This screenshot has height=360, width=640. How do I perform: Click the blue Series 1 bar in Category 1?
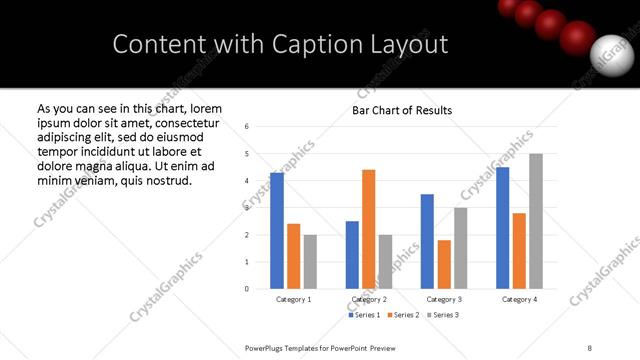tap(277, 230)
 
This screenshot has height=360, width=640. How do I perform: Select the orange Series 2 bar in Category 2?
tap(368, 229)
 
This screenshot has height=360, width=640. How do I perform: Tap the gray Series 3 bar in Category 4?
tap(536, 221)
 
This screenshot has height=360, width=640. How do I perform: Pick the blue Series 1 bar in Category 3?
tap(427, 241)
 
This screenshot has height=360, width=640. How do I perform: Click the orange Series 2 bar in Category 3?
tap(444, 264)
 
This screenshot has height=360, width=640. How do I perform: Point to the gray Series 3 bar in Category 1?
tap(310, 261)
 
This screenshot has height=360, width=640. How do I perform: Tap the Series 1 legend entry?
tap(364, 316)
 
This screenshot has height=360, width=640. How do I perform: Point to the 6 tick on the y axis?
tap(247, 127)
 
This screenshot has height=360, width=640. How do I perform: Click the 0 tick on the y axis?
tap(247, 289)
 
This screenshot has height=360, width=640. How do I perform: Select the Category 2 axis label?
tap(368, 299)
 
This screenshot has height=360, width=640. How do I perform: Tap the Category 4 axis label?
tap(519, 299)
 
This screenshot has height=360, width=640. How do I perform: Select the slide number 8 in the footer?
tap(590, 346)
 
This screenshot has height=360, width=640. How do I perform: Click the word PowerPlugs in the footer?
tap(267, 346)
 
